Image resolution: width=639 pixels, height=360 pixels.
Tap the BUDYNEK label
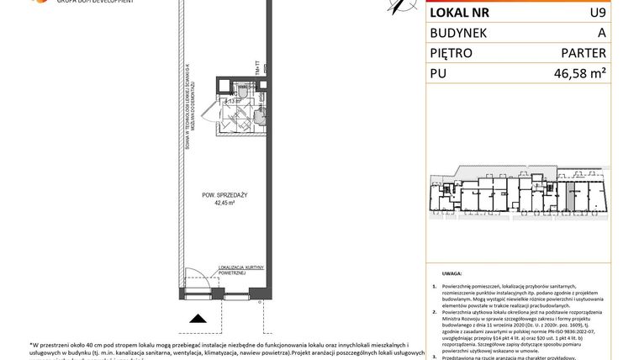coord(462,33)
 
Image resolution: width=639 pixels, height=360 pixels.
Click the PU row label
coord(438,74)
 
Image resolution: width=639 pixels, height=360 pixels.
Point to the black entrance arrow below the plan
coord(199,318)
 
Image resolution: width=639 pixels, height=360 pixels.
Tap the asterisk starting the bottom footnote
coord(30,345)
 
